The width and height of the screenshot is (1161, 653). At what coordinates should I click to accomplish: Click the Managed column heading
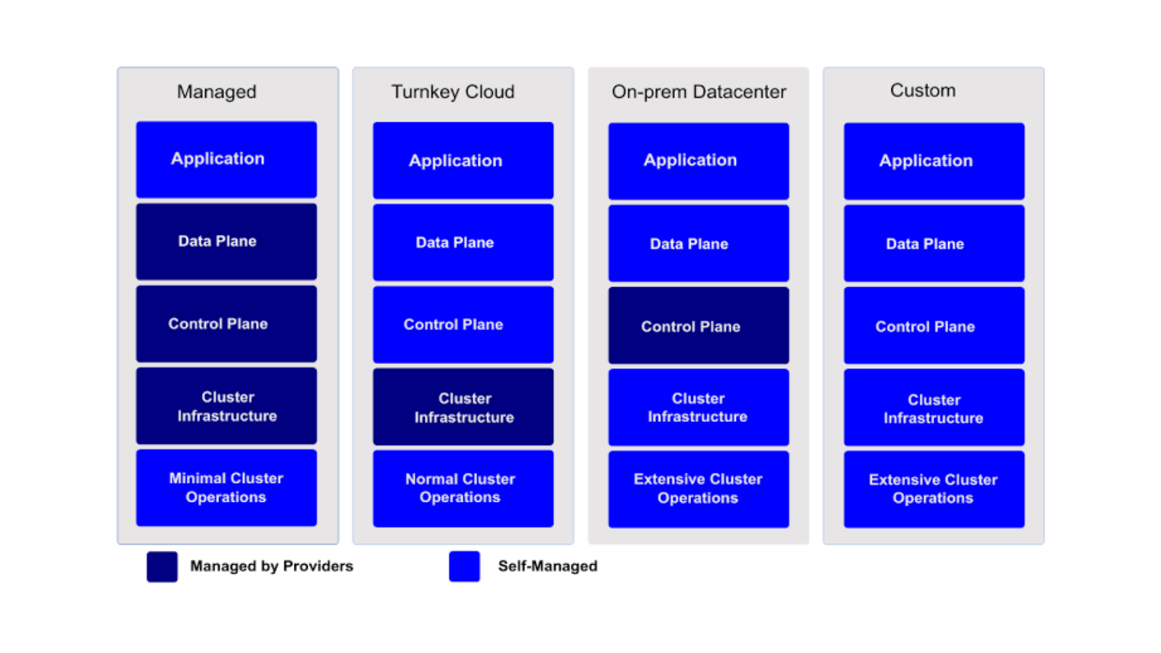[x=216, y=91]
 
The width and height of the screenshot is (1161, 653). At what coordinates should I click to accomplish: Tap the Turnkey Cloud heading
[x=453, y=91]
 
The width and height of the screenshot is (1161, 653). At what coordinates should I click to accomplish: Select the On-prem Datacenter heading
[x=699, y=91]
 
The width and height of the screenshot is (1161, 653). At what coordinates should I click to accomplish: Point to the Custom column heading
[x=923, y=90]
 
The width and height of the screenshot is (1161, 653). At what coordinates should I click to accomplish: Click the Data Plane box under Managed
[x=226, y=241]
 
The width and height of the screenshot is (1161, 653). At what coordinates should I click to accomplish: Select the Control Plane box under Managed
[x=226, y=323]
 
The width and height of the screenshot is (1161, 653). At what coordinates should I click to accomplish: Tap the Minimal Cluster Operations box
[x=226, y=487]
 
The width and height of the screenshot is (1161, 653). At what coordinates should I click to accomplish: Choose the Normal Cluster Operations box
[x=463, y=489]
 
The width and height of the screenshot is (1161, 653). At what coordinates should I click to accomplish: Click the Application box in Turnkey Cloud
[x=463, y=160]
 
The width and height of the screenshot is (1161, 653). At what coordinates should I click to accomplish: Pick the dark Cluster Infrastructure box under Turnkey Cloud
[x=463, y=407]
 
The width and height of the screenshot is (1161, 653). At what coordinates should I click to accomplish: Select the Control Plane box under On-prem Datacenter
[x=698, y=325]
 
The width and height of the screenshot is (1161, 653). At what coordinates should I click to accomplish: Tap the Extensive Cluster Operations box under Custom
[x=934, y=489]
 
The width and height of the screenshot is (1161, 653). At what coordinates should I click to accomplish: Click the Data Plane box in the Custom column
[x=934, y=243]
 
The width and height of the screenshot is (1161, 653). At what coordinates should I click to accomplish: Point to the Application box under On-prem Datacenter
[x=698, y=161]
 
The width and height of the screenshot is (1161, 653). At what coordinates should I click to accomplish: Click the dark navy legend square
[x=162, y=567]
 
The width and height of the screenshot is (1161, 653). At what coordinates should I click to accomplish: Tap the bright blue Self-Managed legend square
[x=464, y=567]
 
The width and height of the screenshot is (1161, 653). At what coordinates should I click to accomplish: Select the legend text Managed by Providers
[x=272, y=566]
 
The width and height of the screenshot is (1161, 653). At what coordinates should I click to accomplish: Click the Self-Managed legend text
[x=548, y=566]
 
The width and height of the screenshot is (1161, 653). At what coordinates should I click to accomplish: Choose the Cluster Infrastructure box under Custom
[x=934, y=408]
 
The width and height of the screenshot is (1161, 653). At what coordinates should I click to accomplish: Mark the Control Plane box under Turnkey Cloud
[x=463, y=325]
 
